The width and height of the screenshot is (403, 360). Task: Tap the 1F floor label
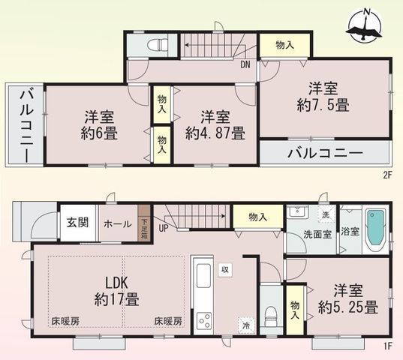coord(387,346)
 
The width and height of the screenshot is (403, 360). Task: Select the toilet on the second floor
coord(155,44)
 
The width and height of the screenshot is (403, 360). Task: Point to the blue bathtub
coord(374,233)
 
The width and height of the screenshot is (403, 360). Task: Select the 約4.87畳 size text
coord(215,134)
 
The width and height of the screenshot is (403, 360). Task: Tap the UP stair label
coord(162,228)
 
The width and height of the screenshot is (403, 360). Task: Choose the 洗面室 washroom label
coord(308,233)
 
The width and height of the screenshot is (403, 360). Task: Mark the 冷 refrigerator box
coord(246,325)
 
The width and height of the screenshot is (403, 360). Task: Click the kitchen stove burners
coord(204,322)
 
